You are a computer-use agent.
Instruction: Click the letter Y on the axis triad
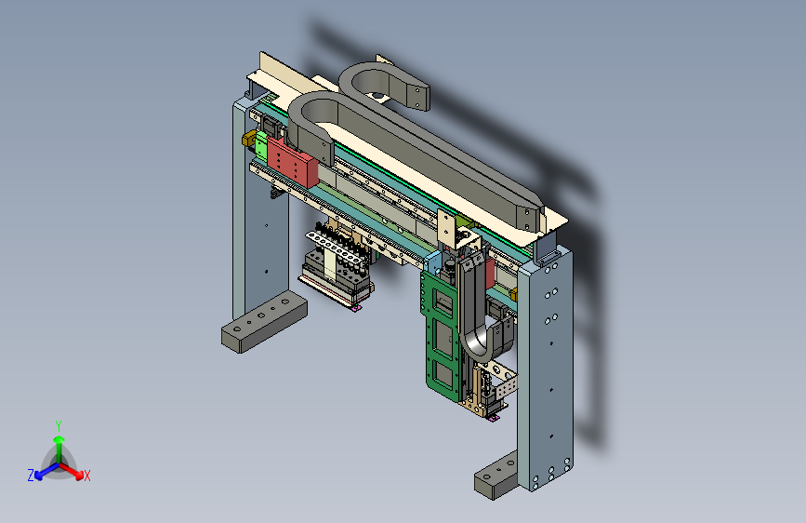click(59, 426)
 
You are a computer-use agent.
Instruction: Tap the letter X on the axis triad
click(86, 476)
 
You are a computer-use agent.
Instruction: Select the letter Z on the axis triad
click(31, 476)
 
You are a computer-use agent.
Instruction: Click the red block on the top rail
click(292, 161)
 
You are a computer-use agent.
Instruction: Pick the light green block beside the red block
click(261, 146)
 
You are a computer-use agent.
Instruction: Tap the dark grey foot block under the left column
click(264, 321)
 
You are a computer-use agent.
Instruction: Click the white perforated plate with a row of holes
click(334, 248)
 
